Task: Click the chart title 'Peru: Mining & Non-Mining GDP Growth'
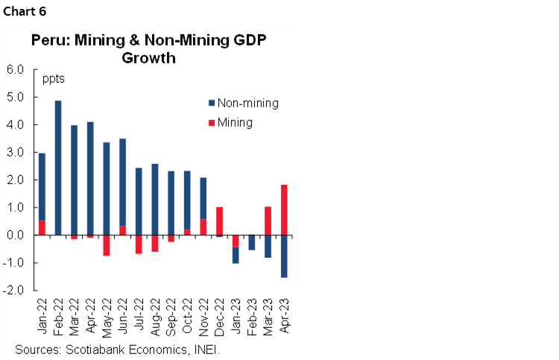coord(149,48)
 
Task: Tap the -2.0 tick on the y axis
coord(16,290)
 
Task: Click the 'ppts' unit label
coord(54,78)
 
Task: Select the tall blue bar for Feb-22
coord(58,168)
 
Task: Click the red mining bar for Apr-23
coord(284,209)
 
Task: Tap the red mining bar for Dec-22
coord(219,221)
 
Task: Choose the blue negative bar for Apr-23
coord(284,256)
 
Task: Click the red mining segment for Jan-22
coord(42,227)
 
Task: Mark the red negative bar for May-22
coord(107,245)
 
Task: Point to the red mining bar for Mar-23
coord(268,221)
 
